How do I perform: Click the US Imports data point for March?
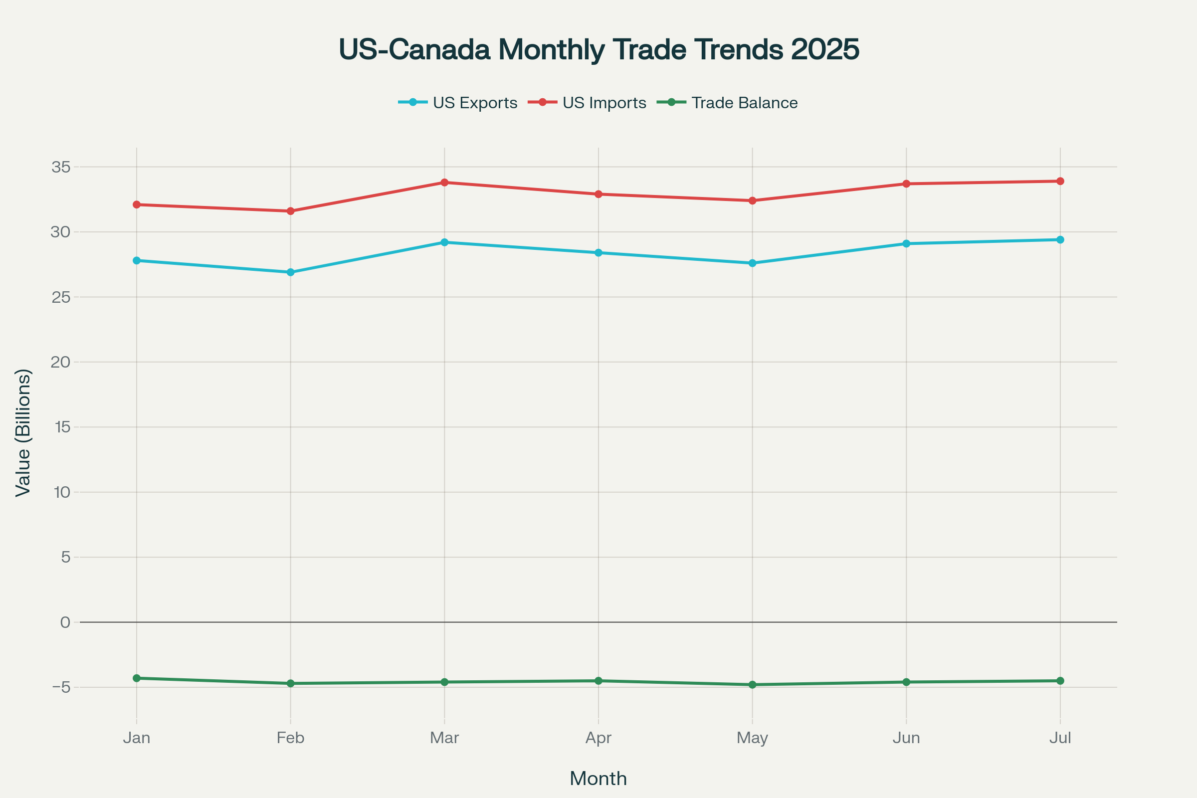pos(444,182)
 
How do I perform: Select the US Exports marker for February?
pos(291,272)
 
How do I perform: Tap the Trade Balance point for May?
pos(752,684)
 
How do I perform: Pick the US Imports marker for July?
pos(1060,181)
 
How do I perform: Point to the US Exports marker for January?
pos(136,260)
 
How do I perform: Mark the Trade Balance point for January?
pos(136,678)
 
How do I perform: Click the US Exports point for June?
pos(906,244)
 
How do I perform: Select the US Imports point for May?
pos(752,200)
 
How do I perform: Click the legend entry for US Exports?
pos(458,103)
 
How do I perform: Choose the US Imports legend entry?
pos(588,103)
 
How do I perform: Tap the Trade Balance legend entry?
pos(728,103)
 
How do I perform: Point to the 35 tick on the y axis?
pos(60,167)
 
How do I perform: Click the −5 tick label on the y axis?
pos(60,687)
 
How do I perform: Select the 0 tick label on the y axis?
pos(65,622)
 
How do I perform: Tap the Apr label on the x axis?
pos(598,738)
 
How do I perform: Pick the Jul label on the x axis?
pos(1060,738)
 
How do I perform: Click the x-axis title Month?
pos(598,779)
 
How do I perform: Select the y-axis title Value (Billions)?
pos(23,432)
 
